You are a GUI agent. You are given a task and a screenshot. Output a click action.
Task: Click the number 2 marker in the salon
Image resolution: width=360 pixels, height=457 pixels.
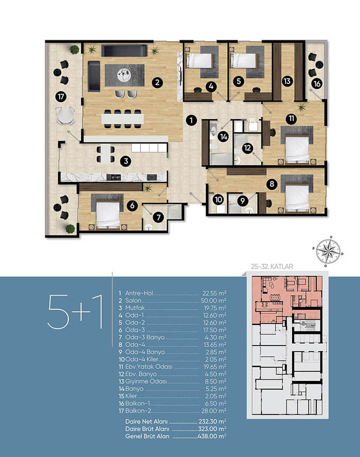157,82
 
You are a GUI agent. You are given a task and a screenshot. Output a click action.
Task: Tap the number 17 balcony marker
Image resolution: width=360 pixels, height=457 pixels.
61,97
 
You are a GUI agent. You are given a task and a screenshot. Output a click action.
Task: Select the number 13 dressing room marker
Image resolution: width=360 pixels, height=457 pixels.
287,81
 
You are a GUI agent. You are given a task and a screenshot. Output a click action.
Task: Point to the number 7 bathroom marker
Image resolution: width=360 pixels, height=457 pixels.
158,217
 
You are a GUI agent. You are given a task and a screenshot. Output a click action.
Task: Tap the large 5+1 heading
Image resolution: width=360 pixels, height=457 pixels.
75,312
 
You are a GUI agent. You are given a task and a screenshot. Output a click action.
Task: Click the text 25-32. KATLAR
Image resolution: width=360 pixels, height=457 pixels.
272,266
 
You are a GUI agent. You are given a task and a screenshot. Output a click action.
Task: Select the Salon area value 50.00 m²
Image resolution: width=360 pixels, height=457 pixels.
213,301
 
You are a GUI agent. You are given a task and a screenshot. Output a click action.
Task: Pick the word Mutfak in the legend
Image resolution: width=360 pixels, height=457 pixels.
135,308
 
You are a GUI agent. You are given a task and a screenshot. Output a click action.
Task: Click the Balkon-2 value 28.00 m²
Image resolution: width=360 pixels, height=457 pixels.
213,411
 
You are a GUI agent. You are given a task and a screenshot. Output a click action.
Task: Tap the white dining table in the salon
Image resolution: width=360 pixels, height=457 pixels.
123,119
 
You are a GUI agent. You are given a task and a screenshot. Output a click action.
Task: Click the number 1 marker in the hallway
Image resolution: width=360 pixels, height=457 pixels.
191,120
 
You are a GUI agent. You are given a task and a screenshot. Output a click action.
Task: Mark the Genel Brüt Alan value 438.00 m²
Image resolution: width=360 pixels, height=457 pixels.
212,436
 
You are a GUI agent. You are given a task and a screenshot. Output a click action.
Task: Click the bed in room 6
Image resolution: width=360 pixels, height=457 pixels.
108,215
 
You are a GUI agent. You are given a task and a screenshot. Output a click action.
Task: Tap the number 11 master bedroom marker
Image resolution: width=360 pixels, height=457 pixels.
291,118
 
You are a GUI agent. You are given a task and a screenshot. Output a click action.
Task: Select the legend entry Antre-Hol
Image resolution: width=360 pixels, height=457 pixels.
139,293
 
